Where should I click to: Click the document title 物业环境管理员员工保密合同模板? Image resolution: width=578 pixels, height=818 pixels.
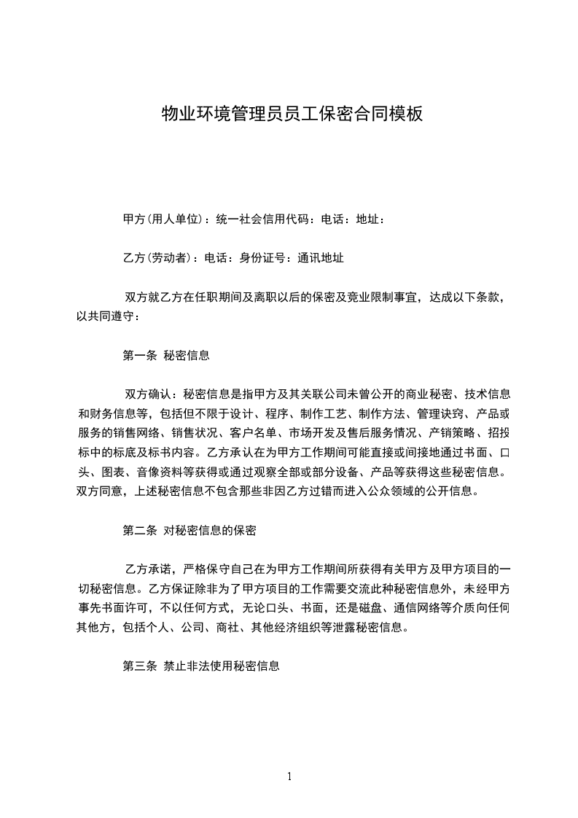pyautogui.click(x=292, y=114)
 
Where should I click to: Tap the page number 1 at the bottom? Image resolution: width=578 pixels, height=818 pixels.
pyautogui.click(x=289, y=776)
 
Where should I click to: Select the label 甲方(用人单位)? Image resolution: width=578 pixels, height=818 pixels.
pyautogui.click(x=162, y=219)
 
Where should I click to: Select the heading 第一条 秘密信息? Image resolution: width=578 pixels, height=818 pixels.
pyautogui.click(x=166, y=356)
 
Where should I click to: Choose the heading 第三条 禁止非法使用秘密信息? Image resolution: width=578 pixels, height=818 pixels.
pyautogui.click(x=201, y=666)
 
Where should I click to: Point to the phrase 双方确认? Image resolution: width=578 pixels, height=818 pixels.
pyautogui.click(x=148, y=395)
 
